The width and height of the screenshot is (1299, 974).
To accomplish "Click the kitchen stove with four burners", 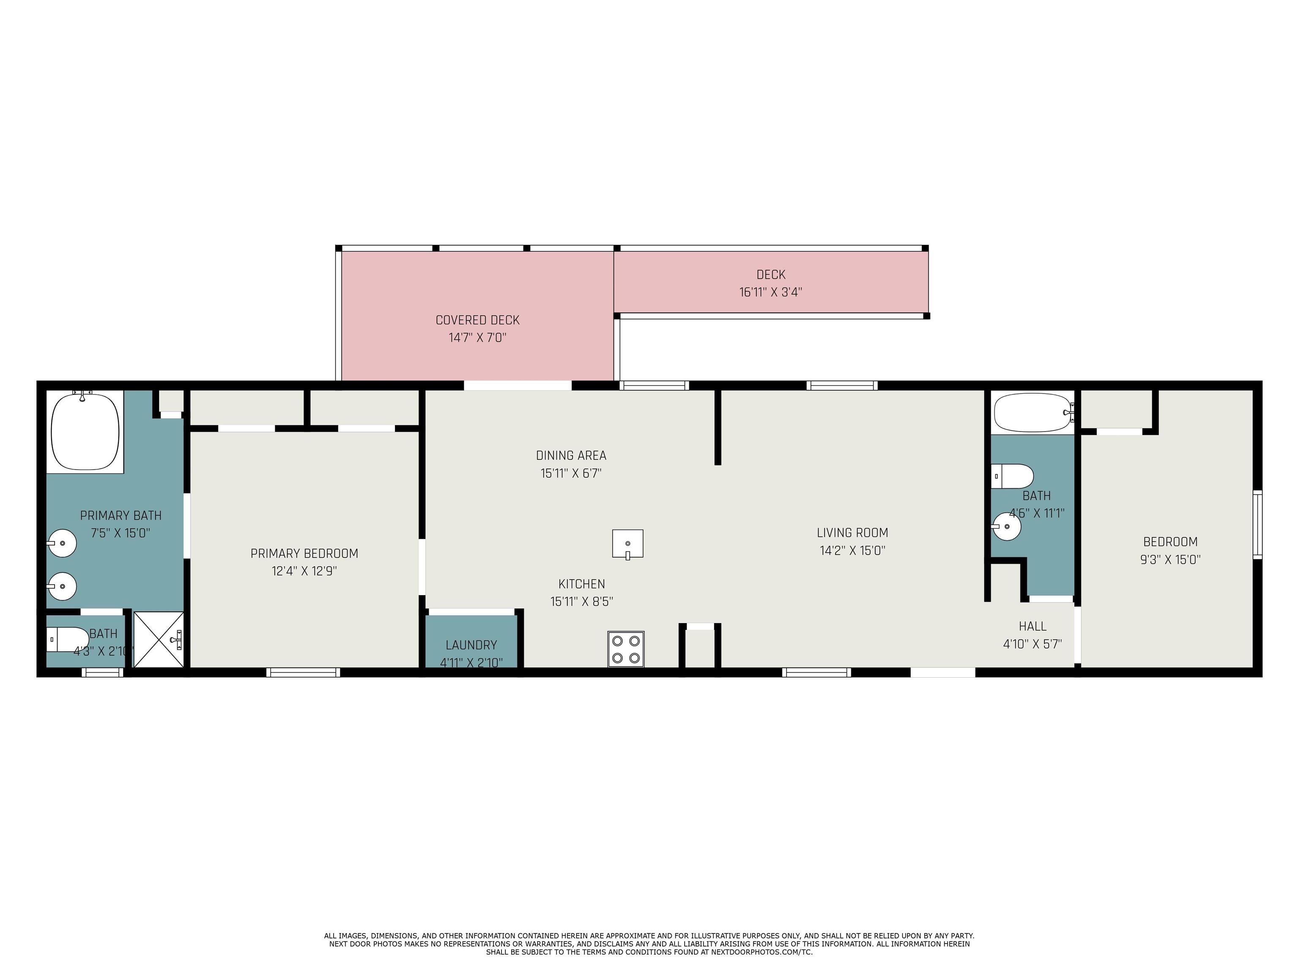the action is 626,649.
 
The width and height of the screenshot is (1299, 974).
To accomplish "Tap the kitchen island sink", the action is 627,544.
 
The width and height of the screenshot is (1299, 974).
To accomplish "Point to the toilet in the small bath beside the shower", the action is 67,639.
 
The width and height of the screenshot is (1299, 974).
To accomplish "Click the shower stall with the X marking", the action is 159,639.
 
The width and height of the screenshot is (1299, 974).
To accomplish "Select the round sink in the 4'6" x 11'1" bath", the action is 1006,526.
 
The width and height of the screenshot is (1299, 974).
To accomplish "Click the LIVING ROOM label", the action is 852,533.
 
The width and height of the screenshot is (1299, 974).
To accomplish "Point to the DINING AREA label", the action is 571,455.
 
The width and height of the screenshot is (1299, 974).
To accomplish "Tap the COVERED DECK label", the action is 477,320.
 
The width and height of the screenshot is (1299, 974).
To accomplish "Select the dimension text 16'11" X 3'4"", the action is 770,292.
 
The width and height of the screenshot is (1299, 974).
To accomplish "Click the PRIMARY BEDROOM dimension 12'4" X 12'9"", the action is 304,571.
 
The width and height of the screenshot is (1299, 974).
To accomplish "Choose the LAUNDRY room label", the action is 471,645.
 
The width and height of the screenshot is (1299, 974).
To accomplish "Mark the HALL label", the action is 1032,626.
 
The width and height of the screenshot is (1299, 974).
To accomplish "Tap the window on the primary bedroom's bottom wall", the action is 303,672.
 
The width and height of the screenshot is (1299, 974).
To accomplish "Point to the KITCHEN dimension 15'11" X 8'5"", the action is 581,601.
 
